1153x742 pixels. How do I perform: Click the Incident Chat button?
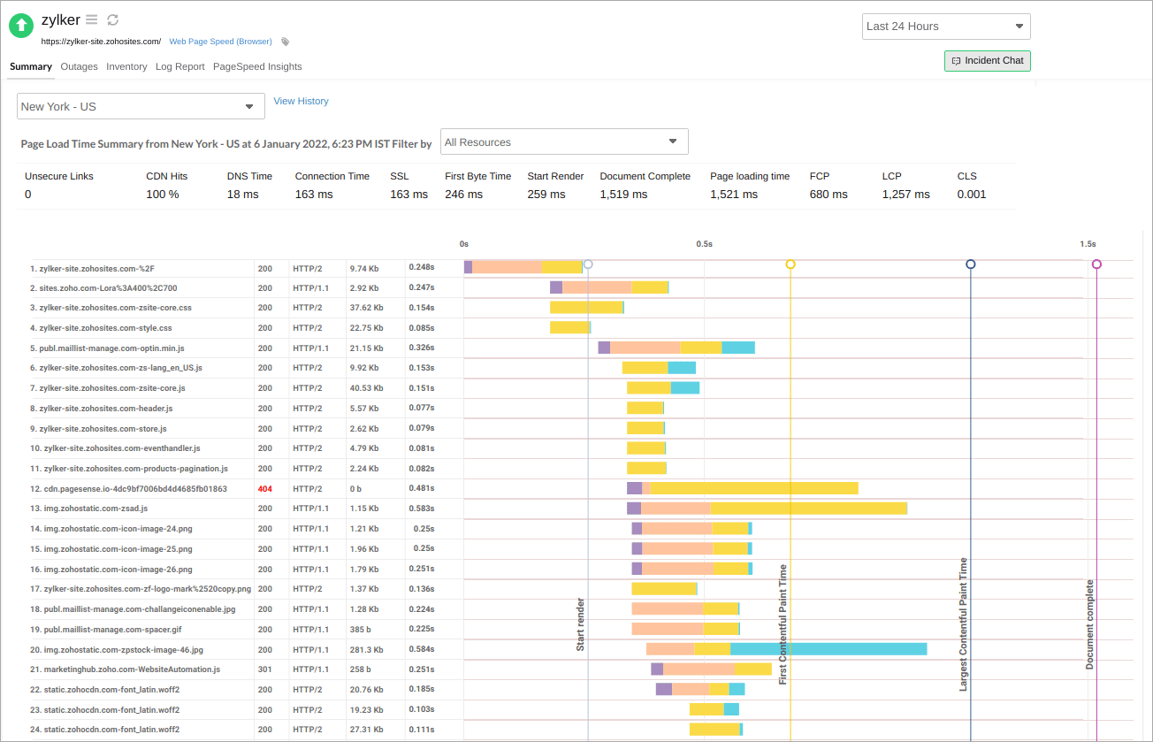pyautogui.click(x=987, y=61)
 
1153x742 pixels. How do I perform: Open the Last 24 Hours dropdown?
pyautogui.click(x=946, y=27)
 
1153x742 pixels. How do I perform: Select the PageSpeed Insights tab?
pyautogui.click(x=257, y=66)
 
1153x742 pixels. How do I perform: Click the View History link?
pyautogui.click(x=301, y=101)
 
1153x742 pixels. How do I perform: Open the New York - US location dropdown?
pyautogui.click(x=141, y=106)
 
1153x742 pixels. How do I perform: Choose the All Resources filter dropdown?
pyautogui.click(x=564, y=142)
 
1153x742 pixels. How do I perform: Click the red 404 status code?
pyautogui.click(x=264, y=489)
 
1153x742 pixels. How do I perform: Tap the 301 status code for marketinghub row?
pyautogui.click(x=264, y=669)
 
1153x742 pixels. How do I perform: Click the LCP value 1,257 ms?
pyautogui.click(x=905, y=195)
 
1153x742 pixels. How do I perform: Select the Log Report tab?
pyautogui.click(x=179, y=66)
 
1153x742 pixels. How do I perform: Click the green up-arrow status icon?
pyautogui.click(x=20, y=26)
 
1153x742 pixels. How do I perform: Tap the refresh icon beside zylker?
pyautogui.click(x=112, y=20)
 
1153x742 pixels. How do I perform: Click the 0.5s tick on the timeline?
pyautogui.click(x=704, y=243)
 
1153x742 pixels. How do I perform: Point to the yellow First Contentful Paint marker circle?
pyautogui.click(x=790, y=264)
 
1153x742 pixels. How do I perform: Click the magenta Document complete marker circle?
pyautogui.click(x=1096, y=264)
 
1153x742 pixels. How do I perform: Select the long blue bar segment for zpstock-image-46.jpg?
pyautogui.click(x=828, y=649)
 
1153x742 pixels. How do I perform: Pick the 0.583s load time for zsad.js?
pyautogui.click(x=421, y=509)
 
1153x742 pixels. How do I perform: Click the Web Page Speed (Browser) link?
pyautogui.click(x=221, y=42)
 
